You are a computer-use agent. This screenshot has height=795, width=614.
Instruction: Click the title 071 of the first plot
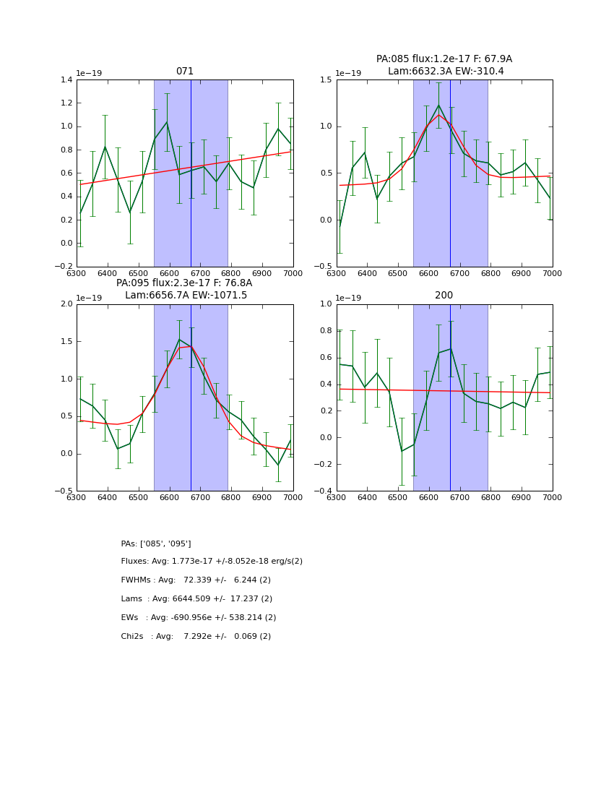click(185, 72)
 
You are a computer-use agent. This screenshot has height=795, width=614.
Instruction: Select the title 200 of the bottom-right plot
click(444, 296)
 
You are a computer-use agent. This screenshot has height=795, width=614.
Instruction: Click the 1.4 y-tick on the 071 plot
click(67, 80)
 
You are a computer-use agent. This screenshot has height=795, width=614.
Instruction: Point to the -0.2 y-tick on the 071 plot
click(65, 267)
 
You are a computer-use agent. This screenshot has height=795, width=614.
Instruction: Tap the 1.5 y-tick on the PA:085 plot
click(327, 80)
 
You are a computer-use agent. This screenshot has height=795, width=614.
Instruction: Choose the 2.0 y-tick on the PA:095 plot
click(67, 304)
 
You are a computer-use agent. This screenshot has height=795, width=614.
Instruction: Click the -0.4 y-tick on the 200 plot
click(324, 491)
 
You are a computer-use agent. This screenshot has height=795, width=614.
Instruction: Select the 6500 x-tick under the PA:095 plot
click(138, 497)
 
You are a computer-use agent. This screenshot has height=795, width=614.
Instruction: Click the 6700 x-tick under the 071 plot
click(200, 273)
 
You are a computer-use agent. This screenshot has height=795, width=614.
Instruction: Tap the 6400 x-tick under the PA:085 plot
click(367, 273)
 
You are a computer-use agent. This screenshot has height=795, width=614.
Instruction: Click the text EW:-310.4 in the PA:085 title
click(477, 72)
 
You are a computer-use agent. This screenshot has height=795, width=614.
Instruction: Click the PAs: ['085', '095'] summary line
click(156, 543)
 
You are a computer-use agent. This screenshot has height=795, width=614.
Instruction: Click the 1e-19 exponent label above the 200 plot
click(350, 298)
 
